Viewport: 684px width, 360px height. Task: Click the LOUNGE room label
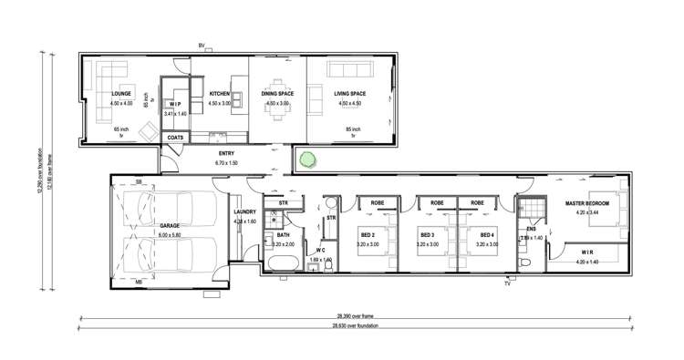(x=122, y=94)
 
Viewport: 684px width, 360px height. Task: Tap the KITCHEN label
(x=220, y=94)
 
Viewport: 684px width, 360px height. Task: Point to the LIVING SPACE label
(x=350, y=94)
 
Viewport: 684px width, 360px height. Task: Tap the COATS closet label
(x=176, y=138)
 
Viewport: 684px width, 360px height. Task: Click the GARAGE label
(x=171, y=224)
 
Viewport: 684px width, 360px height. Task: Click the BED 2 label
(x=368, y=234)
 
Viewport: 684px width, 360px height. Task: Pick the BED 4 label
(x=487, y=234)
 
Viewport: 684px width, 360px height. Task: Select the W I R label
(x=586, y=252)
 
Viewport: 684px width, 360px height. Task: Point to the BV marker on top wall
(x=202, y=46)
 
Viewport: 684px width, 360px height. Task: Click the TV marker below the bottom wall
(x=507, y=284)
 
